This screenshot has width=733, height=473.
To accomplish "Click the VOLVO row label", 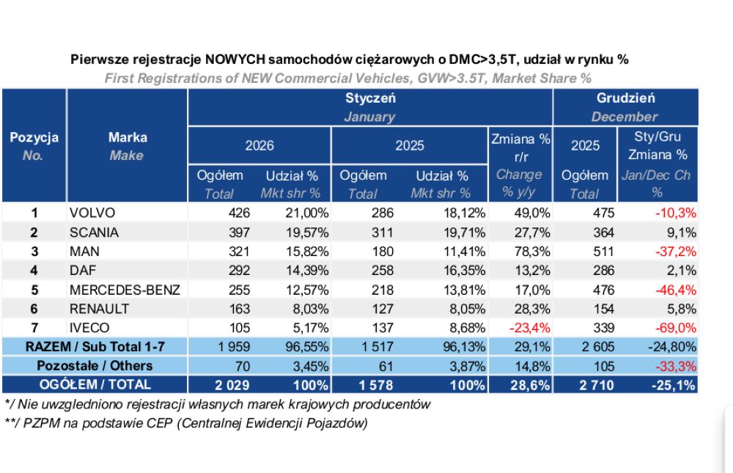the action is tap(92, 213).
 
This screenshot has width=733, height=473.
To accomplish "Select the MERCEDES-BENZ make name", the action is tap(125, 290).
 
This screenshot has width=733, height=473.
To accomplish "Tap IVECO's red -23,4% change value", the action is tap(530, 328).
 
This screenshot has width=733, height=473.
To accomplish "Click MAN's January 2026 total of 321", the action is tap(239, 252).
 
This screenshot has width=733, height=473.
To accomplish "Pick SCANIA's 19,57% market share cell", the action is tap(307, 232).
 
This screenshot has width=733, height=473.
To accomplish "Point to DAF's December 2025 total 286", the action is tap(603, 271).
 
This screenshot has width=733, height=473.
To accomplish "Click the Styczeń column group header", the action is tap(370, 98).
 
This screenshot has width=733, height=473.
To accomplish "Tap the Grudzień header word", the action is tap(625, 98).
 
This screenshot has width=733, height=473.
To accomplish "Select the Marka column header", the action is tap(128, 137).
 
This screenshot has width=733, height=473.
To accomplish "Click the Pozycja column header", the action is tap(34, 138).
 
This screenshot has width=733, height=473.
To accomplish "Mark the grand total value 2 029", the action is tap(232, 385).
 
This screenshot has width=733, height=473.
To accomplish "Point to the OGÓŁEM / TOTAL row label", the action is tap(95, 384).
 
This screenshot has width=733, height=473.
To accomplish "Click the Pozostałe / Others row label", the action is tap(95, 365).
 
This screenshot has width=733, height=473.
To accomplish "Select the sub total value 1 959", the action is tap(234, 347).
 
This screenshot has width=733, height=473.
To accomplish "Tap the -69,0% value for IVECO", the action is tap(676, 328).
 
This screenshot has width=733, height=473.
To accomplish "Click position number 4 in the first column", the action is tap(34, 271).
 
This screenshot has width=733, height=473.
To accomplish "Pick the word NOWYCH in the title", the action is tap(235, 59).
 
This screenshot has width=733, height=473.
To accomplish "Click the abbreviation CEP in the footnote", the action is tap(161, 423).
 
